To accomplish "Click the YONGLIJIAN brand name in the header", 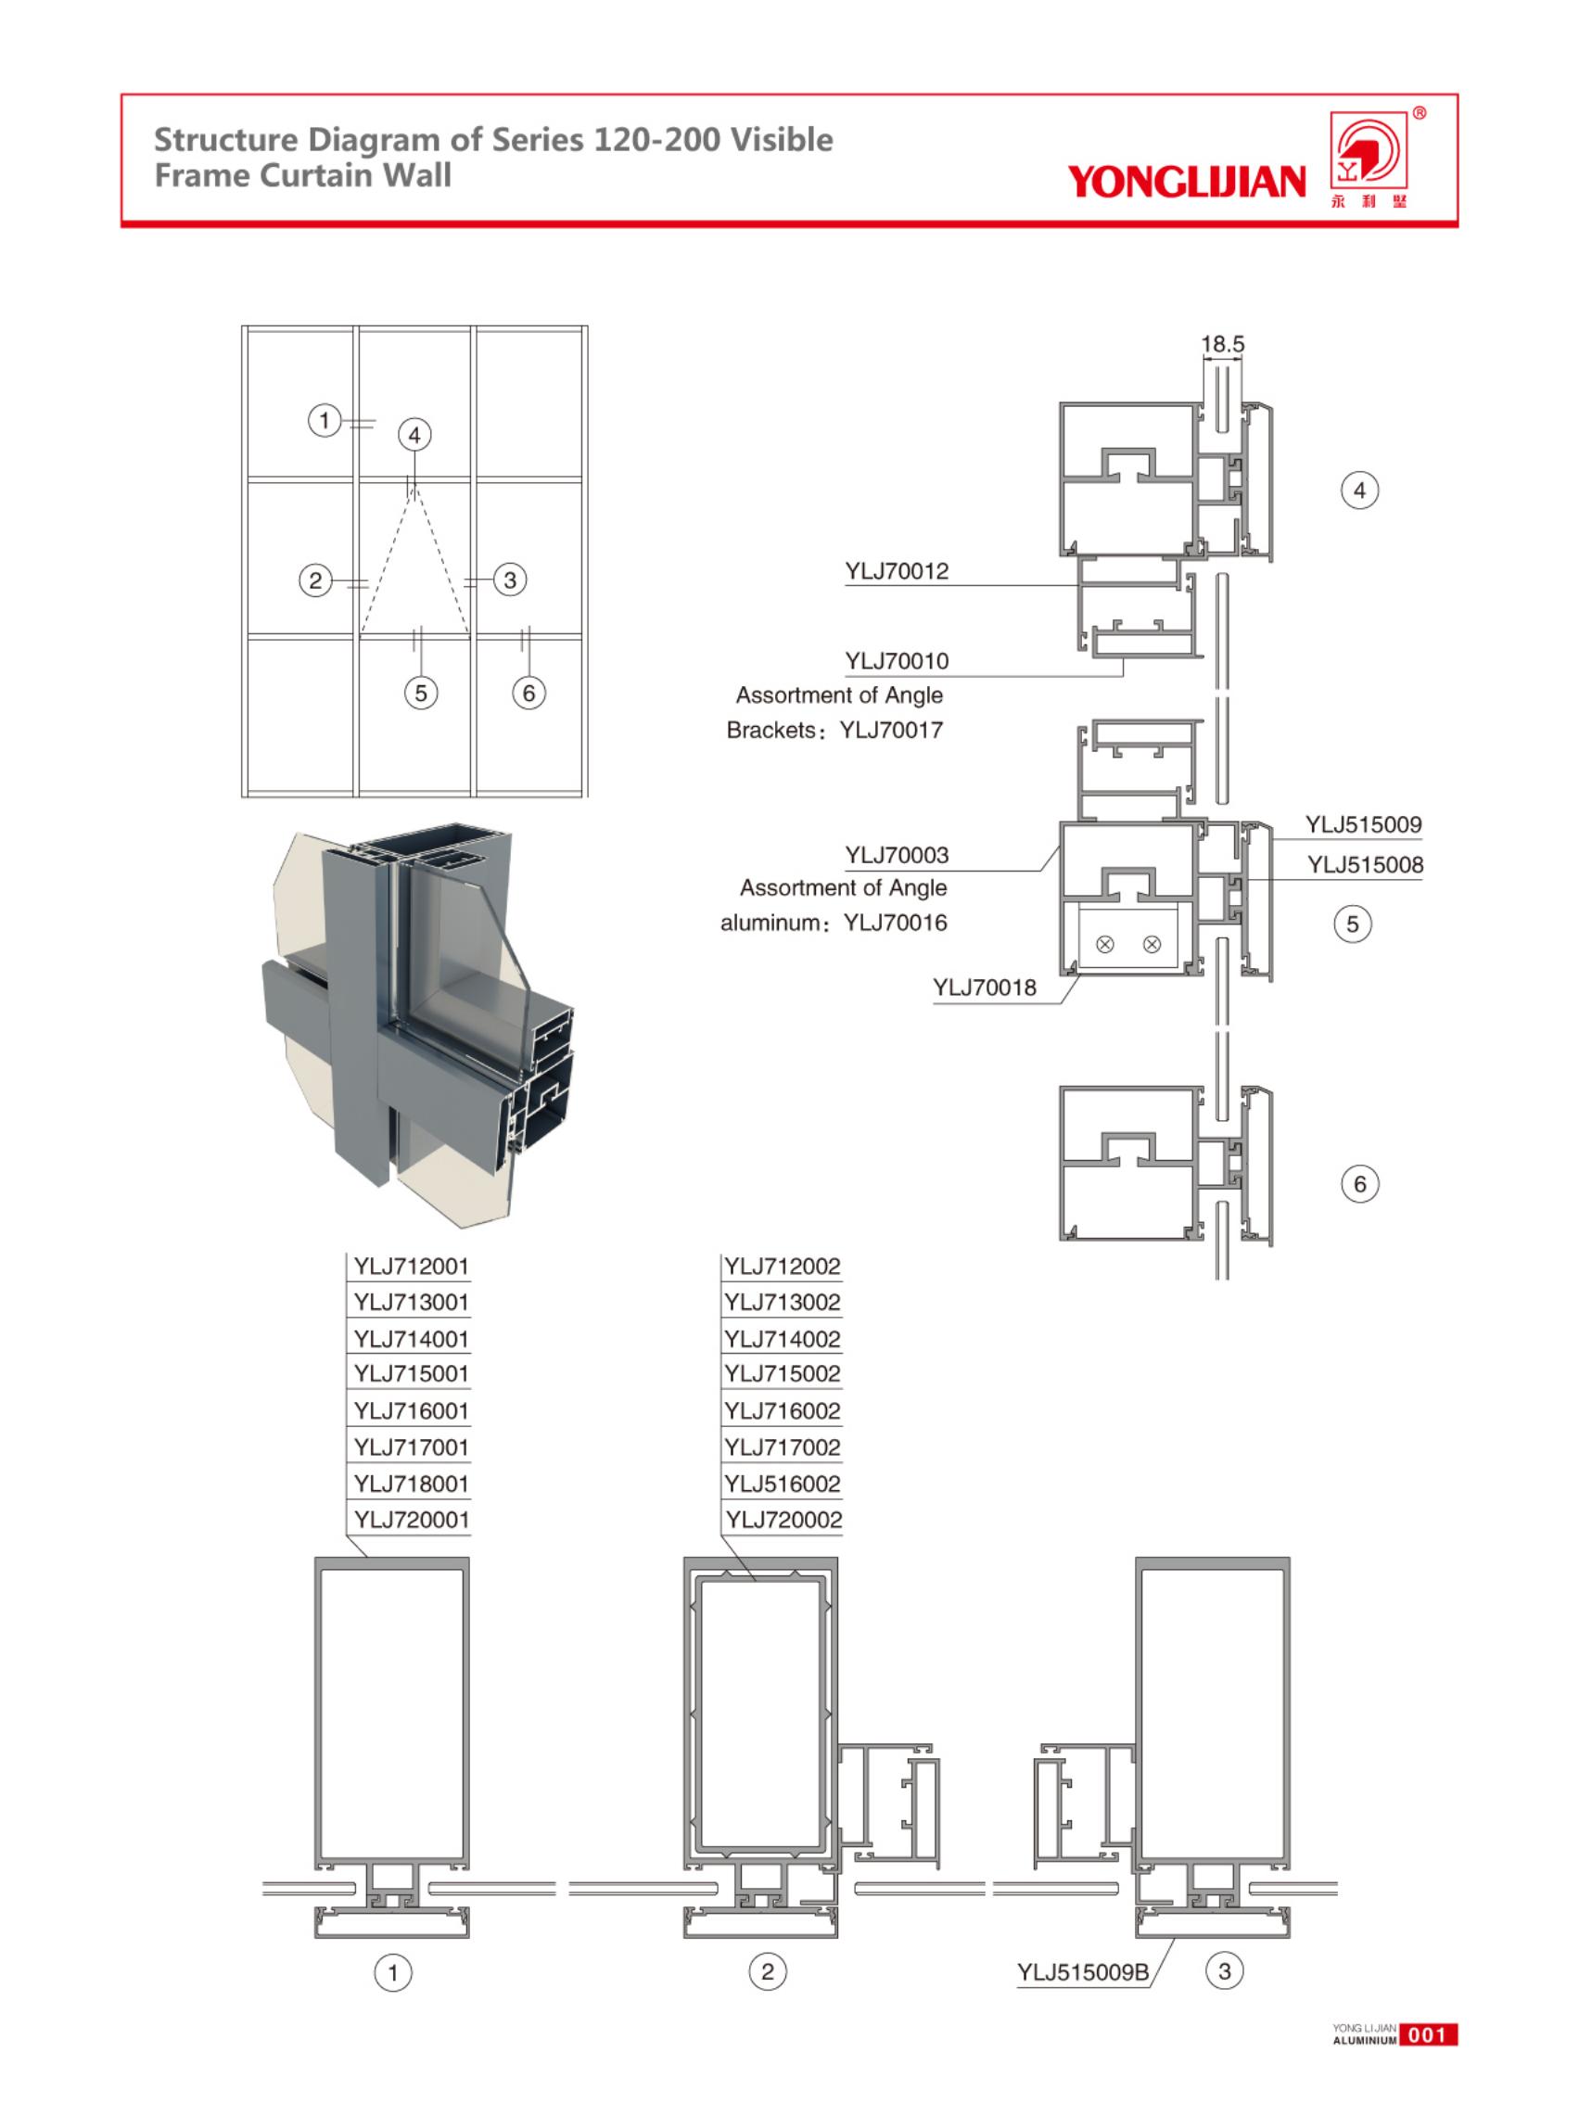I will click(1185, 181).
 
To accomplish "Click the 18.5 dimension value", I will click(1221, 344).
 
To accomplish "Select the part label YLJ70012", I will click(896, 571).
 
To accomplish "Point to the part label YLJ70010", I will click(896, 660).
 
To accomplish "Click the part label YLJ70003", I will click(896, 855).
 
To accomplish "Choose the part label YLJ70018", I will click(984, 988).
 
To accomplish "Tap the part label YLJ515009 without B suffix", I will click(1363, 824).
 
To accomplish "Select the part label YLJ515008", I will click(1365, 865).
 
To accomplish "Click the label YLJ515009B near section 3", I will click(1082, 1972).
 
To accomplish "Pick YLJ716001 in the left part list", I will click(411, 1411).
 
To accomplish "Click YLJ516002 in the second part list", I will click(782, 1484).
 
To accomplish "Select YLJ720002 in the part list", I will click(783, 1520).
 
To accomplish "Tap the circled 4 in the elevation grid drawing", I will click(414, 435).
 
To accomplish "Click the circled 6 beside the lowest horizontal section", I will click(1359, 1184).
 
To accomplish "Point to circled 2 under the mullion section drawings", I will click(767, 1970).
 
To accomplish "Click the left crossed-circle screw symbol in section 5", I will click(1104, 945).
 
